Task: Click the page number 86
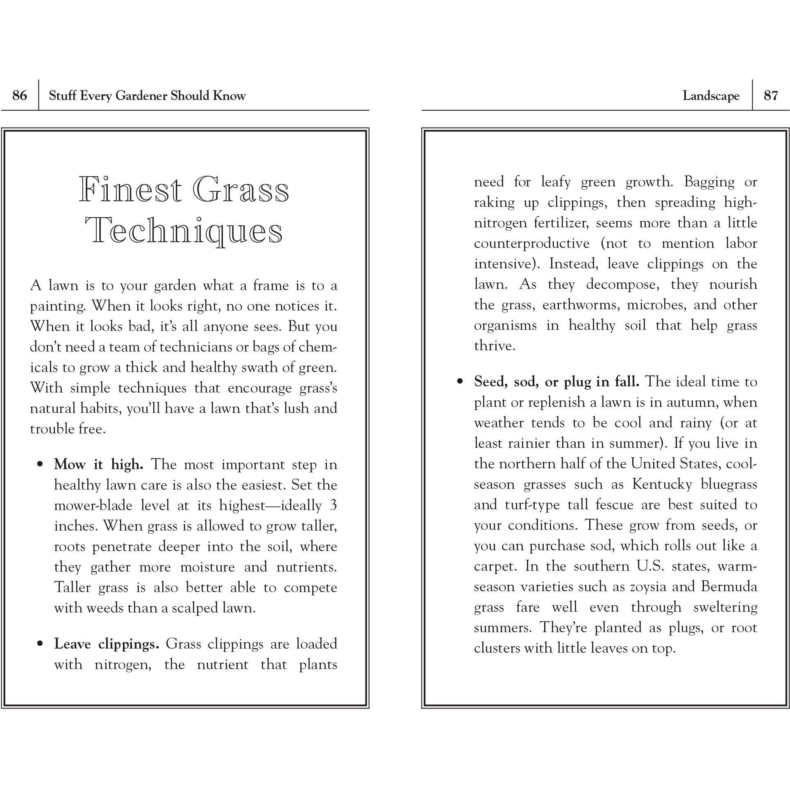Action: point(20,95)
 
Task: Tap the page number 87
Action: point(770,95)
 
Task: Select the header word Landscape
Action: point(711,96)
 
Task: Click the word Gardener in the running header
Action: point(141,96)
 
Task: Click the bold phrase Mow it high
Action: point(99,465)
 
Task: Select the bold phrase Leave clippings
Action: point(107,644)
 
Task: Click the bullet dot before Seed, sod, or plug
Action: point(461,382)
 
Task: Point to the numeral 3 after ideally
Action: point(333,505)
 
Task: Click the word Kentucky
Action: point(662,484)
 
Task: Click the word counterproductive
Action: point(531,243)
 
